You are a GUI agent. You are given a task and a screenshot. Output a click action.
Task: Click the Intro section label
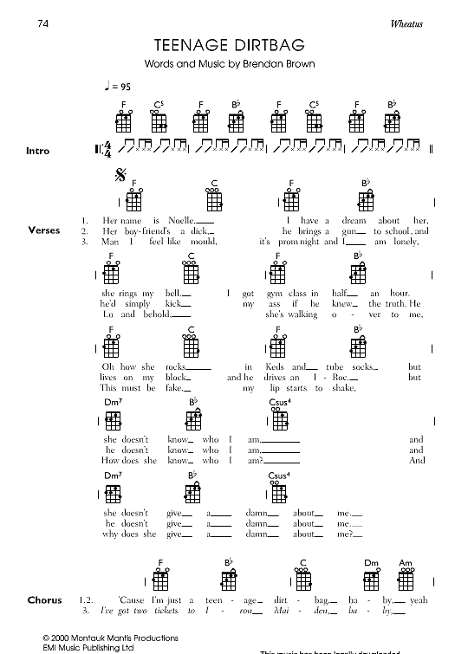tap(38, 151)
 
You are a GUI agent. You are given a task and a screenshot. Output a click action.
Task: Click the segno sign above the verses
tap(121, 177)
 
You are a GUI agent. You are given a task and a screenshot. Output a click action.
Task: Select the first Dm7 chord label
tap(114, 402)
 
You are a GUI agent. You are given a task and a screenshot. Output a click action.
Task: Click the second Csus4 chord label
tap(278, 476)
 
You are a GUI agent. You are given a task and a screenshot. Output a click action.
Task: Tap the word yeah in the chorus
tap(419, 599)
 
